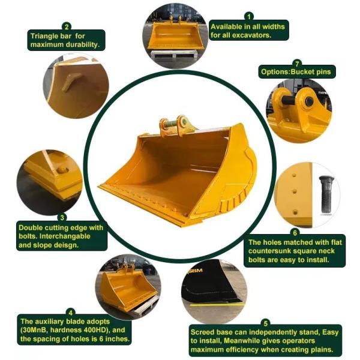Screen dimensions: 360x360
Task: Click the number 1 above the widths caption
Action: [249, 17]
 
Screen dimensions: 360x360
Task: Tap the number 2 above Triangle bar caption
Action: [67, 27]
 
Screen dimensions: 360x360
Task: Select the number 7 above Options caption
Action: [297, 63]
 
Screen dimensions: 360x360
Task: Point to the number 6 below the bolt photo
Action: [295, 233]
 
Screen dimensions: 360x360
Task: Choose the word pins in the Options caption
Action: [324, 72]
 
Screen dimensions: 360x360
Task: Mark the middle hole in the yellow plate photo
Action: [295, 191]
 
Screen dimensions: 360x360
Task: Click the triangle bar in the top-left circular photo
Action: [71, 82]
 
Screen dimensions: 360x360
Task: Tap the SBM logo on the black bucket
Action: [195, 271]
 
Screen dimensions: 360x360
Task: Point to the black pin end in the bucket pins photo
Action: [309, 101]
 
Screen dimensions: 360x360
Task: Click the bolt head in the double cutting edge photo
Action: [62, 170]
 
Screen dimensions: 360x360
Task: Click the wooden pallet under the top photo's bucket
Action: [174, 53]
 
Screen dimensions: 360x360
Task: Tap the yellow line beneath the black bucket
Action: [217, 305]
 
